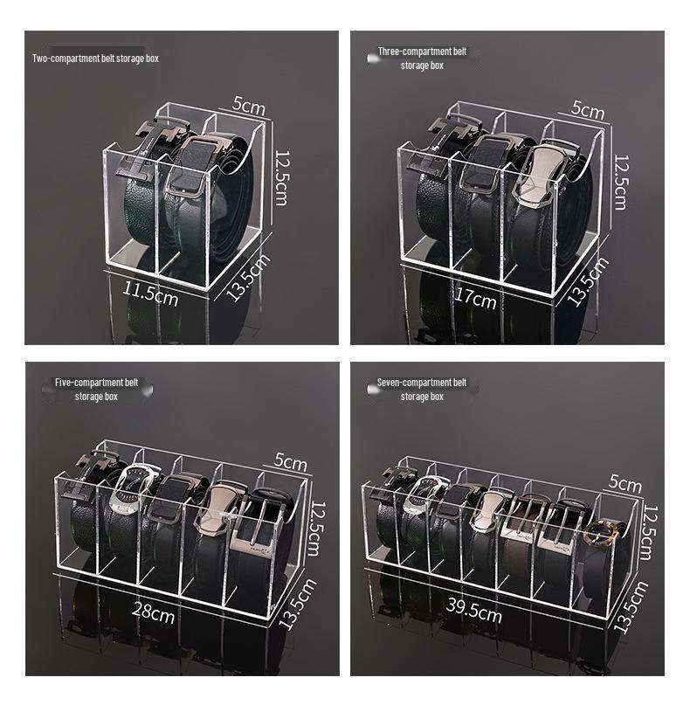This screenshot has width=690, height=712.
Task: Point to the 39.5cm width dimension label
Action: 473,612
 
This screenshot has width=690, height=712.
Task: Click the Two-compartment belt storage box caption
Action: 95,59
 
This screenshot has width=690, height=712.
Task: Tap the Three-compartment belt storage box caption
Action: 422,59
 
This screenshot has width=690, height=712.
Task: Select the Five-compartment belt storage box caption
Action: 96,390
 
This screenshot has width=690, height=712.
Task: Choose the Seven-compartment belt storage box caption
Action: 422,390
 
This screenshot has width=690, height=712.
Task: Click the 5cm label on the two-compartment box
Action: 248,106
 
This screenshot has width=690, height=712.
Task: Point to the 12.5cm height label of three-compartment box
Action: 620,182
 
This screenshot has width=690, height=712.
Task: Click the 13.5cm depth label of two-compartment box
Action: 249,278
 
